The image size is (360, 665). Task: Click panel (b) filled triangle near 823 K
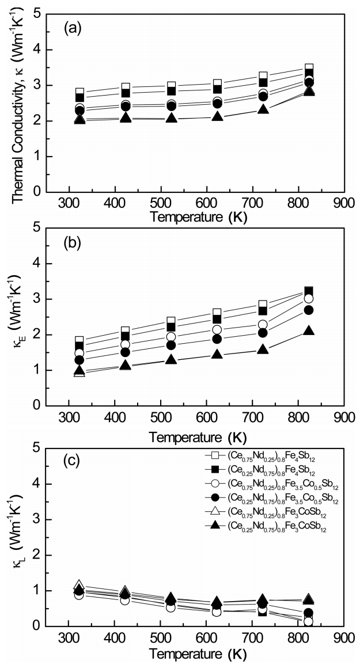tap(308, 330)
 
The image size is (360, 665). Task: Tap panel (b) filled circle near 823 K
tap(308, 310)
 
